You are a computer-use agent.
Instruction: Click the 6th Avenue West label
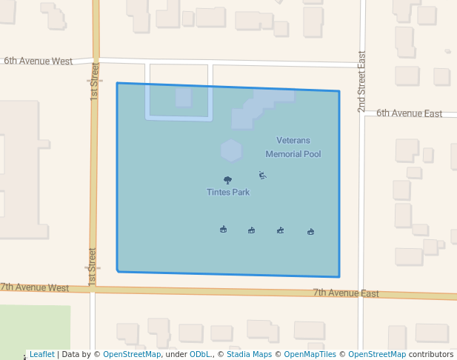tap(39, 61)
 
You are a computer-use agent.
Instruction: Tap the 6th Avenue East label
tap(409, 113)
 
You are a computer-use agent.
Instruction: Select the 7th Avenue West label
tap(35, 287)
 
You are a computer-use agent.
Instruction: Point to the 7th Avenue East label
tap(346, 293)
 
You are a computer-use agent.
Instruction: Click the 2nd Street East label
tap(361, 81)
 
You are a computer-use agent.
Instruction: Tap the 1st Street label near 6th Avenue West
tap(95, 81)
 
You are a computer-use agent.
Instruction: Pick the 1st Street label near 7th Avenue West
tap(93, 267)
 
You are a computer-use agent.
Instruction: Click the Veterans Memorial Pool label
tap(293, 147)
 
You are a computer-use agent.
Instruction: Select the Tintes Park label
tap(228, 192)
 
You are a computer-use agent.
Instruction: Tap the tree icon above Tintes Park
tap(227, 180)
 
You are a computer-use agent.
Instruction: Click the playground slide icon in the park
tap(262, 175)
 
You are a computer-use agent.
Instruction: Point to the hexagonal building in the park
tap(231, 150)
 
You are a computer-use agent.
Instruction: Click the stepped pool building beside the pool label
tap(259, 106)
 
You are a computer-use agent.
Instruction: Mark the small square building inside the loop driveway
tap(183, 98)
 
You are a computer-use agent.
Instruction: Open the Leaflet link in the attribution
tap(41, 354)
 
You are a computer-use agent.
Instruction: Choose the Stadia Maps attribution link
tap(249, 354)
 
